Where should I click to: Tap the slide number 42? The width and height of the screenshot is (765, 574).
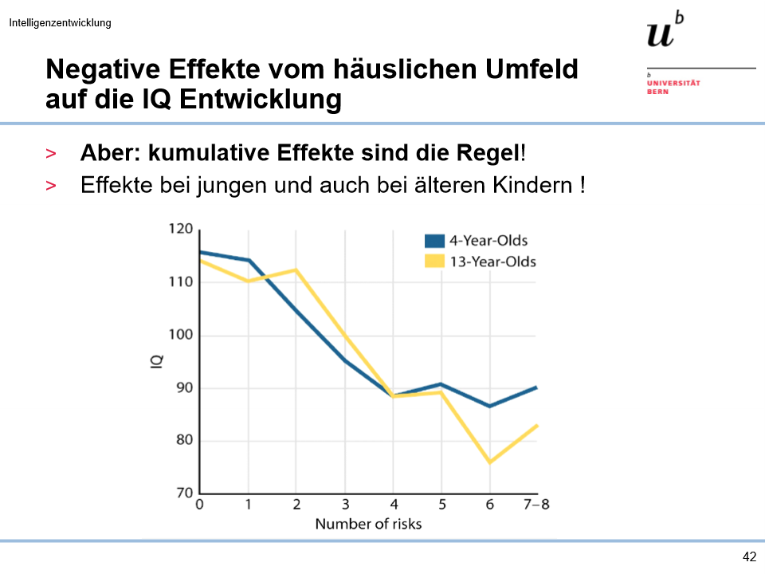click(x=748, y=557)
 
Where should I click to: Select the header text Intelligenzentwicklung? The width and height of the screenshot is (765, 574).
click(x=61, y=22)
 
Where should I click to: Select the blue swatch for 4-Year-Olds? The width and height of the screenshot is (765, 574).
click(x=434, y=240)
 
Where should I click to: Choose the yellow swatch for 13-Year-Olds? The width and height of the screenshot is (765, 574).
click(x=434, y=261)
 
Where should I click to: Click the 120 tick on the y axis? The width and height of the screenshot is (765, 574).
click(x=181, y=230)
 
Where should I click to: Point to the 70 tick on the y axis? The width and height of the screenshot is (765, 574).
click(x=184, y=493)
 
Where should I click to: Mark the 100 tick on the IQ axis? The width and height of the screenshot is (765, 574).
click(x=181, y=335)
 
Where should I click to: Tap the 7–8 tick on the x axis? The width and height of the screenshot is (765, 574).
click(x=536, y=505)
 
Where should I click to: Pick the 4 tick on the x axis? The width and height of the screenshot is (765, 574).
click(x=393, y=505)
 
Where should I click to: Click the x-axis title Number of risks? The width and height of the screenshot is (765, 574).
click(x=368, y=524)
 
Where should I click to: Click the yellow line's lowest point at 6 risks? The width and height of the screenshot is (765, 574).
click(x=489, y=462)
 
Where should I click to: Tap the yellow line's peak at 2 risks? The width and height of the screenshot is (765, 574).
click(x=296, y=269)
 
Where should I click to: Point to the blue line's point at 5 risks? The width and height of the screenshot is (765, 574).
click(x=441, y=384)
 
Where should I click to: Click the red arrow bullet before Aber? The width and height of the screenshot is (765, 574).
click(x=51, y=153)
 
